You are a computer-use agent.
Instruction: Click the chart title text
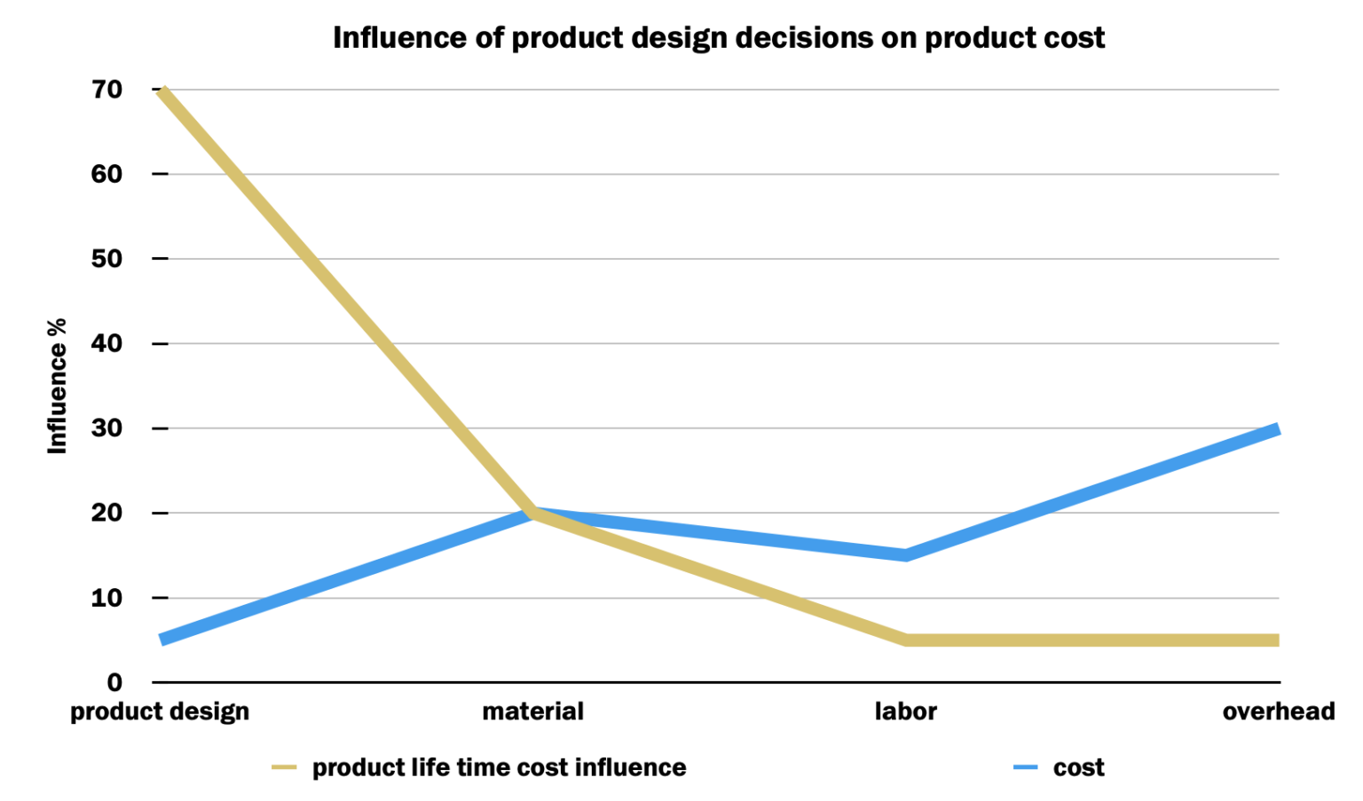pyautogui.click(x=719, y=38)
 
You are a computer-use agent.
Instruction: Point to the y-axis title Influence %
pyautogui.click(x=58, y=386)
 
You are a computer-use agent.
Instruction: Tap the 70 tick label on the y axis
pyautogui.click(x=106, y=90)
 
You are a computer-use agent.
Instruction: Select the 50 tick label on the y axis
pyautogui.click(x=106, y=259)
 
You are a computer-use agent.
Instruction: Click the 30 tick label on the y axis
pyautogui.click(x=106, y=428)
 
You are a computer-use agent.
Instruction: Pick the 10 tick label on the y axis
pyautogui.click(x=106, y=598)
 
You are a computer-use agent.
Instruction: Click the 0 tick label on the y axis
pyautogui.click(x=114, y=682)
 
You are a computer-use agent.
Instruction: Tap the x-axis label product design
pyautogui.click(x=160, y=711)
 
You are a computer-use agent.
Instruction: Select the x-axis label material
pyautogui.click(x=532, y=711)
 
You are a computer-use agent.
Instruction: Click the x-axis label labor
pyautogui.click(x=905, y=711)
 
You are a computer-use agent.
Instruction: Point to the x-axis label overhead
pyautogui.click(x=1278, y=711)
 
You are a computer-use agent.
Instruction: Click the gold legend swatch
pyautogui.click(x=284, y=767)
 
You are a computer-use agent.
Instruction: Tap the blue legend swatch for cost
pyautogui.click(x=1025, y=767)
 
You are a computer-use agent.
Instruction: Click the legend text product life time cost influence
pyautogui.click(x=499, y=767)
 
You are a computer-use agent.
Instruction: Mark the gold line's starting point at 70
pyautogui.click(x=162, y=90)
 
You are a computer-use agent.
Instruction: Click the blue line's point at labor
pyautogui.click(x=905, y=555)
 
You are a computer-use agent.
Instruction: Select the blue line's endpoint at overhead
pyautogui.click(x=1276, y=430)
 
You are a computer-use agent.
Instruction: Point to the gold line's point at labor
pyautogui.click(x=905, y=640)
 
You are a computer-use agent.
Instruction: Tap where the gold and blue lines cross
pyautogui.click(x=532, y=513)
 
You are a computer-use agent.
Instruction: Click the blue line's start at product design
pyautogui.click(x=162, y=639)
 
